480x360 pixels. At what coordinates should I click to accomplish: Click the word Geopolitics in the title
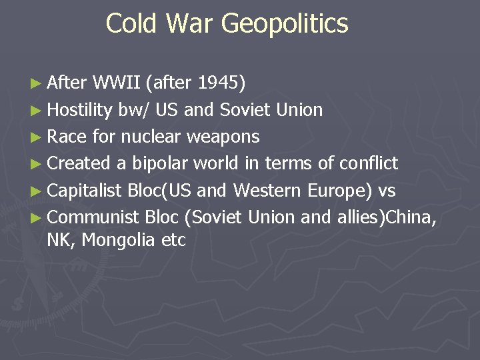pos(285,24)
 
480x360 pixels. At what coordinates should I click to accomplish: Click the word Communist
pos(93,218)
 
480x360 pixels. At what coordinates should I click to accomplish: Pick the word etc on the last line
pos(173,240)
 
